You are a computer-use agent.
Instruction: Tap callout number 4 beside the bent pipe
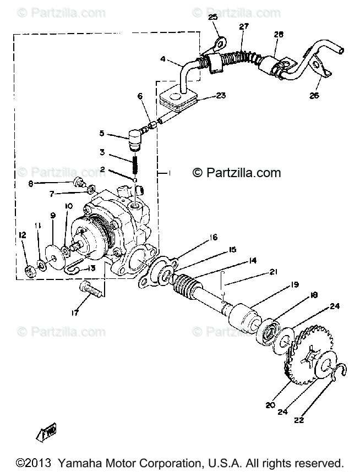163,59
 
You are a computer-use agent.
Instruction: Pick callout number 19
294,284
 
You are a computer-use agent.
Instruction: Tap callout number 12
22,235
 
